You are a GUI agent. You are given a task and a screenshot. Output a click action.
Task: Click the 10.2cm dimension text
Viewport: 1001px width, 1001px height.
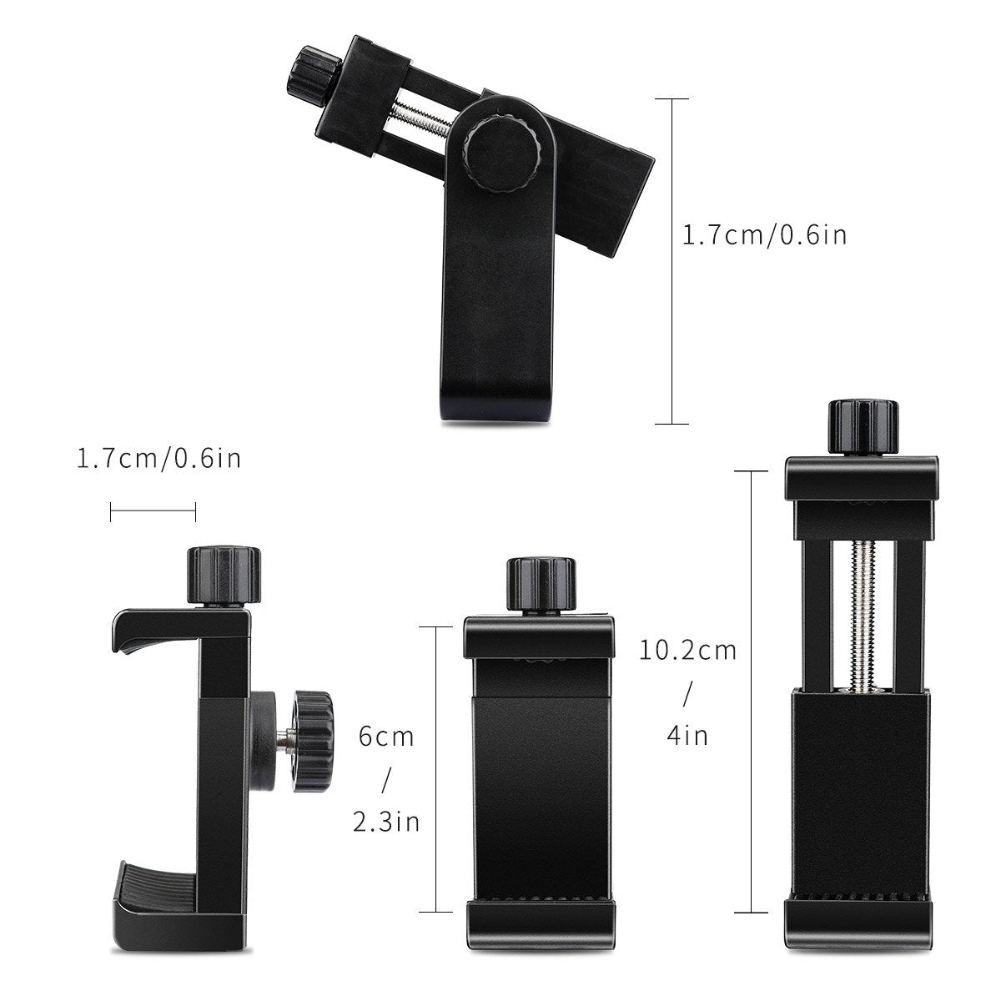pyautogui.click(x=688, y=650)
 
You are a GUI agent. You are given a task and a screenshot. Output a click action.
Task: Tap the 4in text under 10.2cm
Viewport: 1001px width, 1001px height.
pyautogui.click(x=688, y=735)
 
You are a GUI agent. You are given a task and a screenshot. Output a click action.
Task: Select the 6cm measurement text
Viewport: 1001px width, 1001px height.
pyautogui.click(x=385, y=737)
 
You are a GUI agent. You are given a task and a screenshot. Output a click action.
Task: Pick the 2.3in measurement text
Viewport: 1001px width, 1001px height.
pyautogui.click(x=385, y=823)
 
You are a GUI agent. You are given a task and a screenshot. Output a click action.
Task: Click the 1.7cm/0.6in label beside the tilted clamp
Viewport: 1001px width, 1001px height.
pyautogui.click(x=764, y=235)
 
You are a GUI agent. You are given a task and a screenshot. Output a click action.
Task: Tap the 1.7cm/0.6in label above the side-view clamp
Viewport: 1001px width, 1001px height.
pyautogui.click(x=158, y=458)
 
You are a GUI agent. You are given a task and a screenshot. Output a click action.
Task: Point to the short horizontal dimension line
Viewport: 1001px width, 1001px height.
pyautogui.click(x=153, y=512)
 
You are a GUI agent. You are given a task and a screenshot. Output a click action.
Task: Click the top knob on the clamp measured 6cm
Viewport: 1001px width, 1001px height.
pyautogui.click(x=541, y=583)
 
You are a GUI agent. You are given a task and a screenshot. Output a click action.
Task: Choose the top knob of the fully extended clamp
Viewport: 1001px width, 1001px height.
pyautogui.click(x=863, y=427)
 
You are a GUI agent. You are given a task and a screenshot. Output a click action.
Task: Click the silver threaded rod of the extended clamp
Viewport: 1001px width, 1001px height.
pyautogui.click(x=860, y=609)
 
